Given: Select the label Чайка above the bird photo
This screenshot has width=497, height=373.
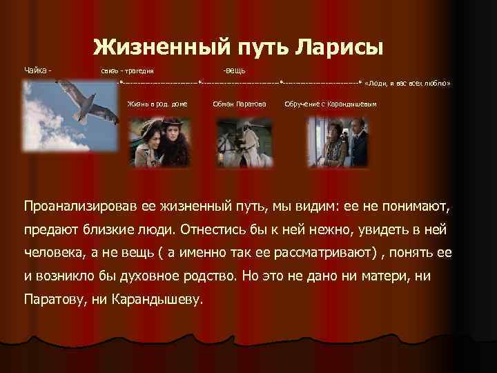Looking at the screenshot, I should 36,70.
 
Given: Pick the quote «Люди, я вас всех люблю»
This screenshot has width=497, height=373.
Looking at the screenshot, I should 408,82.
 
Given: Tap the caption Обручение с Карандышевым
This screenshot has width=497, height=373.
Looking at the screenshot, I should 331,104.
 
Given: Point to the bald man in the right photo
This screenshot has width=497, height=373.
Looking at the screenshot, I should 355,135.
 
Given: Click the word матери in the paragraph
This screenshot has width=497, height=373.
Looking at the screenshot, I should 408,276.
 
